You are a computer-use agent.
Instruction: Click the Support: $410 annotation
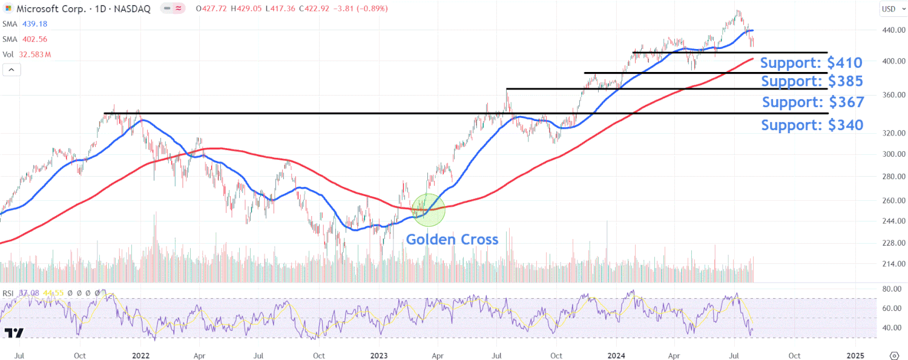point(811,62)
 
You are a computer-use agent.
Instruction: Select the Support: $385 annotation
point(812,81)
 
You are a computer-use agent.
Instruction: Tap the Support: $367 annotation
point(813,102)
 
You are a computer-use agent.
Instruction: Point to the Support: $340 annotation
point(812,125)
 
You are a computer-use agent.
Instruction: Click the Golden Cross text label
point(452,239)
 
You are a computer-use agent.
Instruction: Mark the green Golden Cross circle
point(429,209)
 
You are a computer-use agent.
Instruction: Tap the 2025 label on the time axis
point(855,355)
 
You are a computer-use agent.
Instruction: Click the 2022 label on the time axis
point(140,355)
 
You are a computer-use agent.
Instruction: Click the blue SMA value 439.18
point(34,24)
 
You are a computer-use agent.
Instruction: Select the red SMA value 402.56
point(34,39)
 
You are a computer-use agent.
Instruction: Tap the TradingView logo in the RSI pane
point(14,333)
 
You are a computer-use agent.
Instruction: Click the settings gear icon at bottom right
point(894,355)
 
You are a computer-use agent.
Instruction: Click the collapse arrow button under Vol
point(12,70)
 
